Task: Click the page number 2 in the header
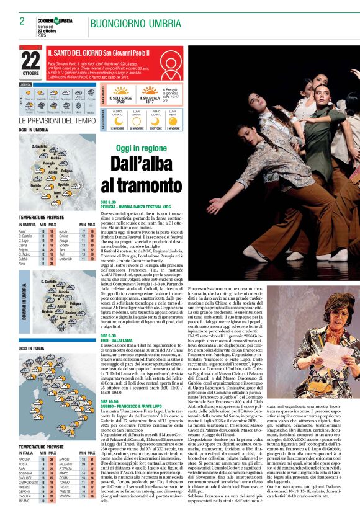click(22, 21)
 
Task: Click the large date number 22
click(30, 61)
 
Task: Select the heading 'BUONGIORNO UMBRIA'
click(127, 24)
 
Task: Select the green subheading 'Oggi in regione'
click(142, 148)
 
